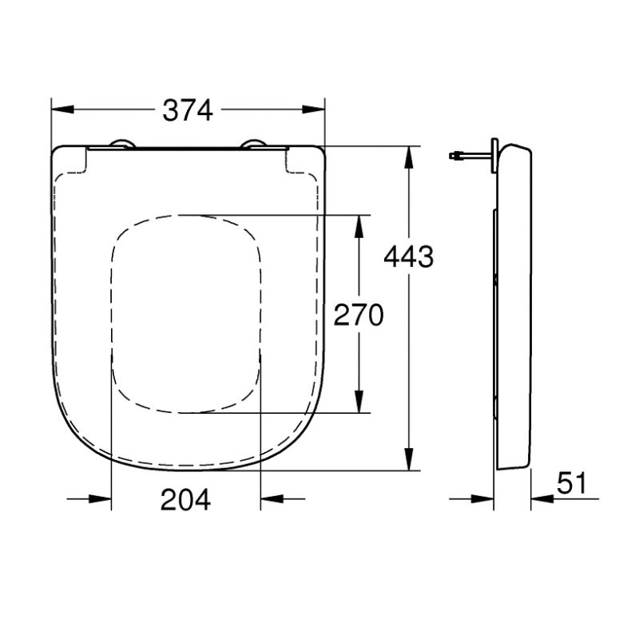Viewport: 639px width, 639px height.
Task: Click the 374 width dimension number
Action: pos(188,110)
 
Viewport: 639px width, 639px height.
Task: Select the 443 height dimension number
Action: pos(409,256)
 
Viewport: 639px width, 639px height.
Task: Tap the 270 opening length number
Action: pos(359,315)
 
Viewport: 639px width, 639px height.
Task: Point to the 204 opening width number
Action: pos(185,500)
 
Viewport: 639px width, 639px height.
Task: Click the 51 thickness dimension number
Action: pos(571,483)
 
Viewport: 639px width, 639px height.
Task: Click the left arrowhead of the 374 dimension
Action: pos(63,109)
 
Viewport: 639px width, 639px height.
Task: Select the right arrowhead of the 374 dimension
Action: pos(313,109)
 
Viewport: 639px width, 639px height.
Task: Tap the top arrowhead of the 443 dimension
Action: pos(409,157)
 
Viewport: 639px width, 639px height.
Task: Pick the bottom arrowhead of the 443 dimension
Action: pos(409,459)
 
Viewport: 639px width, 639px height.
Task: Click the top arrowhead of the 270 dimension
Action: pos(359,226)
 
